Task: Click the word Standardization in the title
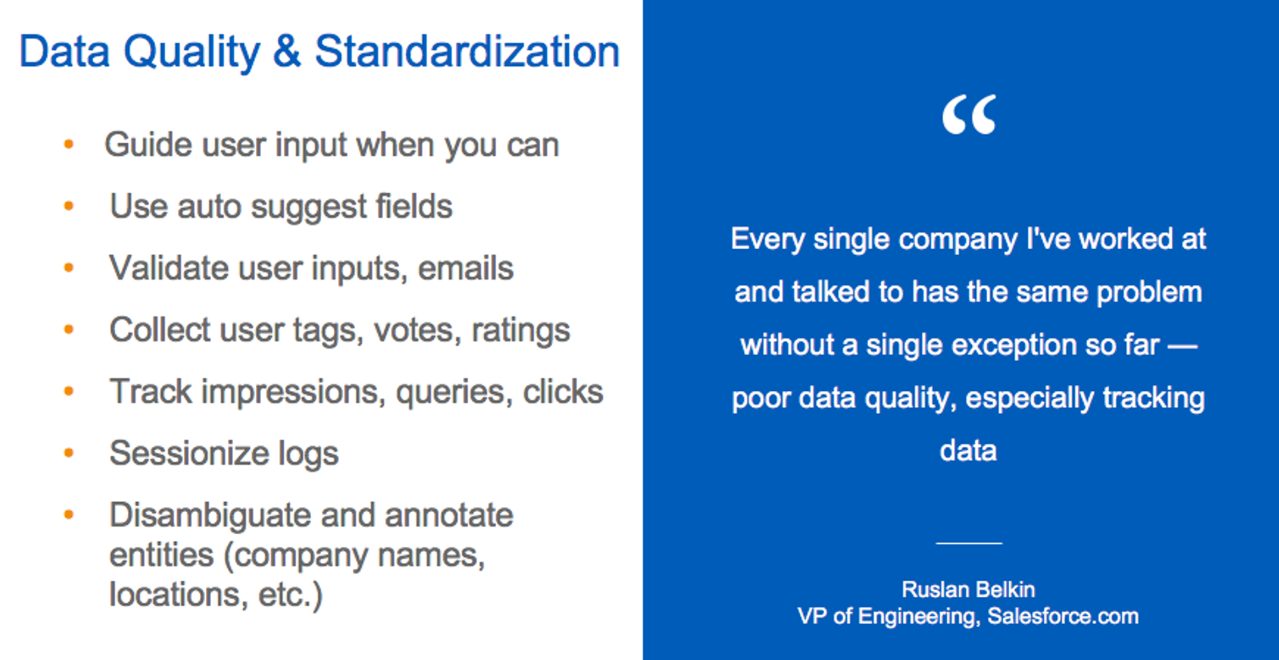coord(466,52)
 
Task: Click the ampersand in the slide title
coord(286,52)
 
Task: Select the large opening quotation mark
coord(969,115)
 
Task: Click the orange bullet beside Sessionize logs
coord(69,453)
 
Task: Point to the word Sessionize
coord(189,454)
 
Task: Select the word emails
coord(465,268)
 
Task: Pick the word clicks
coord(562,392)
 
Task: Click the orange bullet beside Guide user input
coord(69,144)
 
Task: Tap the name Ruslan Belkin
coord(968,589)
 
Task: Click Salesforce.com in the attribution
coord(1063,616)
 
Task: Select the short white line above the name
coord(969,543)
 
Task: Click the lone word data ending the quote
coord(968,451)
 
